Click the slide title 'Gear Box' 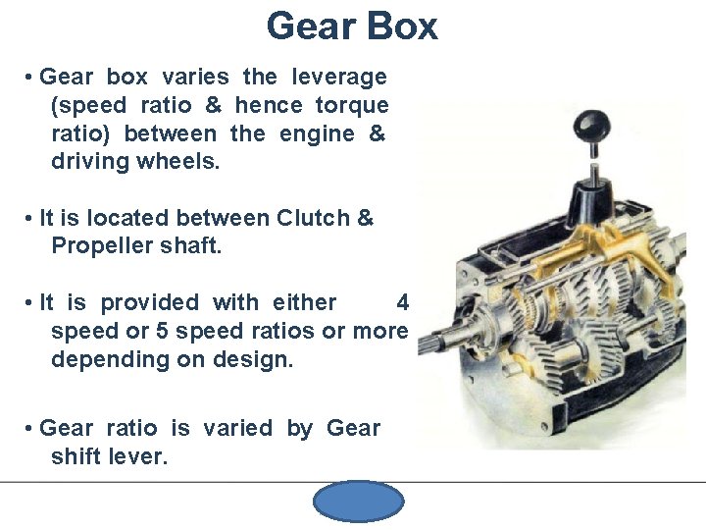point(352,26)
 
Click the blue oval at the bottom point(358,503)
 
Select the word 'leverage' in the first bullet point(336,77)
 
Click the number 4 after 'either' point(402,302)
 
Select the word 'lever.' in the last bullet point(139,455)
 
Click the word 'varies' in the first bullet point(195,77)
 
